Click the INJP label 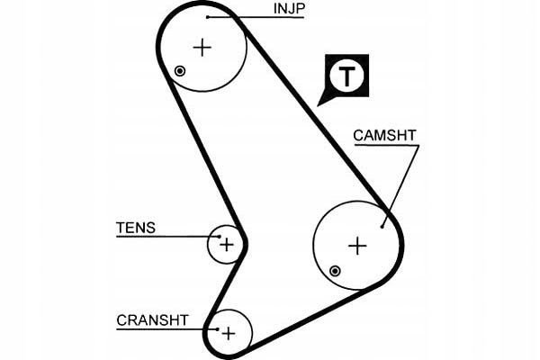[289, 9]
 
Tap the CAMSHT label [384, 135]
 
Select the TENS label [136, 228]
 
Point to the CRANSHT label [152, 320]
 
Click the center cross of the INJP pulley [202, 48]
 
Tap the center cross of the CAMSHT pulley [357, 246]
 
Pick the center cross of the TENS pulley [227, 245]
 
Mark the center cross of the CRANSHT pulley [229, 334]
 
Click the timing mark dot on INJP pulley [180, 71]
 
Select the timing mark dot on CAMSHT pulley [335, 271]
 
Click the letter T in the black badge [346, 76]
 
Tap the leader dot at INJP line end [208, 16]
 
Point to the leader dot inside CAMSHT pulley [382, 226]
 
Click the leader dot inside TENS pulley [220, 237]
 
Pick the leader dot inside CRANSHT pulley [217, 329]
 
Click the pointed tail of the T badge [318, 105]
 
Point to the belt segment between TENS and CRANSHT [225, 285]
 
